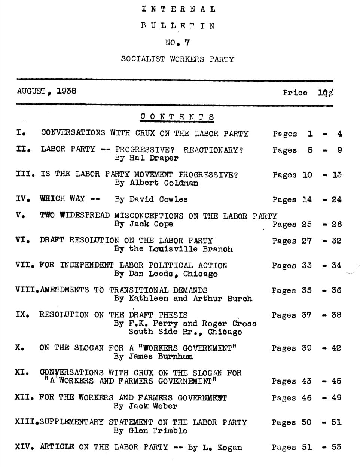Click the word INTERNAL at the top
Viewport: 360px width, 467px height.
pos(179,9)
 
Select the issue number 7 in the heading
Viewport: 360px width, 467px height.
pos(187,43)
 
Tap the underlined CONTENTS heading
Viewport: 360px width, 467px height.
pos(177,117)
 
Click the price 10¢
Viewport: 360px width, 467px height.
pos(325,92)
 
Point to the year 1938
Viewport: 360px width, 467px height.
pos(66,91)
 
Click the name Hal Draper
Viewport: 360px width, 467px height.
pos(154,158)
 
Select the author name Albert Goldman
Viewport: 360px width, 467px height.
pos(164,183)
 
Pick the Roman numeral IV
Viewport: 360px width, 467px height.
pos(21,199)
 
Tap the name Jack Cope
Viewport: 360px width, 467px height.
pos(151,224)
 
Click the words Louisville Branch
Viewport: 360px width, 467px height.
pos(190,249)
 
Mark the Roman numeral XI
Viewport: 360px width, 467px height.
pos(21,372)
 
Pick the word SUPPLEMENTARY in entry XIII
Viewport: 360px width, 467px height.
pos(71,422)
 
